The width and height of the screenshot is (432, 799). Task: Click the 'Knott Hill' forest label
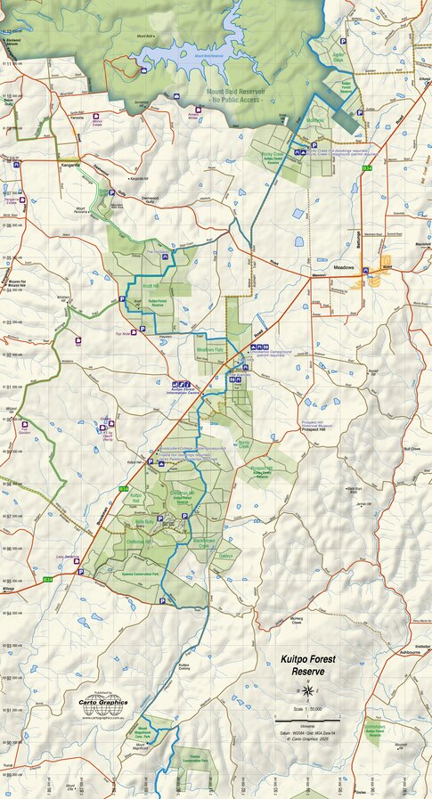click(x=150, y=286)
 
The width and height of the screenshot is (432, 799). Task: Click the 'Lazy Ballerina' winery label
click(x=67, y=556)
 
